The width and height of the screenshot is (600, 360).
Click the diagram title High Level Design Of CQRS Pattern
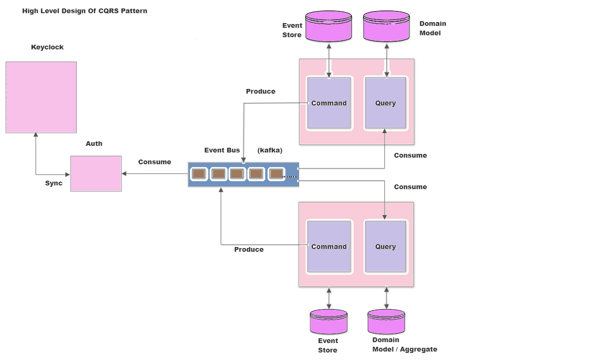(85, 11)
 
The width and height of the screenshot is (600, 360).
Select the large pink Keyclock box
(41, 97)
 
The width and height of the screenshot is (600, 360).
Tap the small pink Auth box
(96, 173)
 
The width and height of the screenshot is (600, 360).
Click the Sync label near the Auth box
(54, 183)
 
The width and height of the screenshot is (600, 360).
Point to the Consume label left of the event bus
(154, 162)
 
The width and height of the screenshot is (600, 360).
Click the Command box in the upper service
(329, 103)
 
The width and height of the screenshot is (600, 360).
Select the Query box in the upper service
(385, 103)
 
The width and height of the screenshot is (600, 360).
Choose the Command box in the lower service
(329, 247)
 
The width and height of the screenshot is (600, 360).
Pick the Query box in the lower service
(385, 247)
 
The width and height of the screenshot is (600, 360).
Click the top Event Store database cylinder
(328, 26)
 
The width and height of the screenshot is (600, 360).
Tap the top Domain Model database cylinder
(387, 26)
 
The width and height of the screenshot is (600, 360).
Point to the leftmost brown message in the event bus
(199, 174)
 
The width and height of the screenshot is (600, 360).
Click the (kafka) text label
(270, 150)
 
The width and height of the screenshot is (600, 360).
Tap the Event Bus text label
(222, 150)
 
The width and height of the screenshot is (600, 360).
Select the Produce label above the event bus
(261, 91)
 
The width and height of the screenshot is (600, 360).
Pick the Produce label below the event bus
(249, 249)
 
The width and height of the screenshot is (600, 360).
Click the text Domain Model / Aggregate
(404, 344)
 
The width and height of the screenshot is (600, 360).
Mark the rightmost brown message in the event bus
(276, 174)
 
